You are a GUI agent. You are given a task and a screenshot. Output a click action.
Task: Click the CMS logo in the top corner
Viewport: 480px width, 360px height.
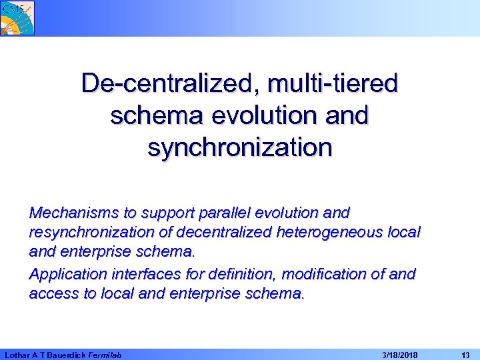point(17,17)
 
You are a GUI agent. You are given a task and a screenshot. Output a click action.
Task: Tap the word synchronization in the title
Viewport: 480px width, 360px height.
point(239,147)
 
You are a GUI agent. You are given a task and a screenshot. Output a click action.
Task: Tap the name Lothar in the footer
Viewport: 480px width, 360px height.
point(16,355)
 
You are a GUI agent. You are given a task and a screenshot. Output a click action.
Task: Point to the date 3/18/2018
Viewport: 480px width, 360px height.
point(399,355)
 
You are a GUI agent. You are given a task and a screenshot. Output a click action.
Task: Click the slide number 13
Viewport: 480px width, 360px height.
point(465,355)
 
